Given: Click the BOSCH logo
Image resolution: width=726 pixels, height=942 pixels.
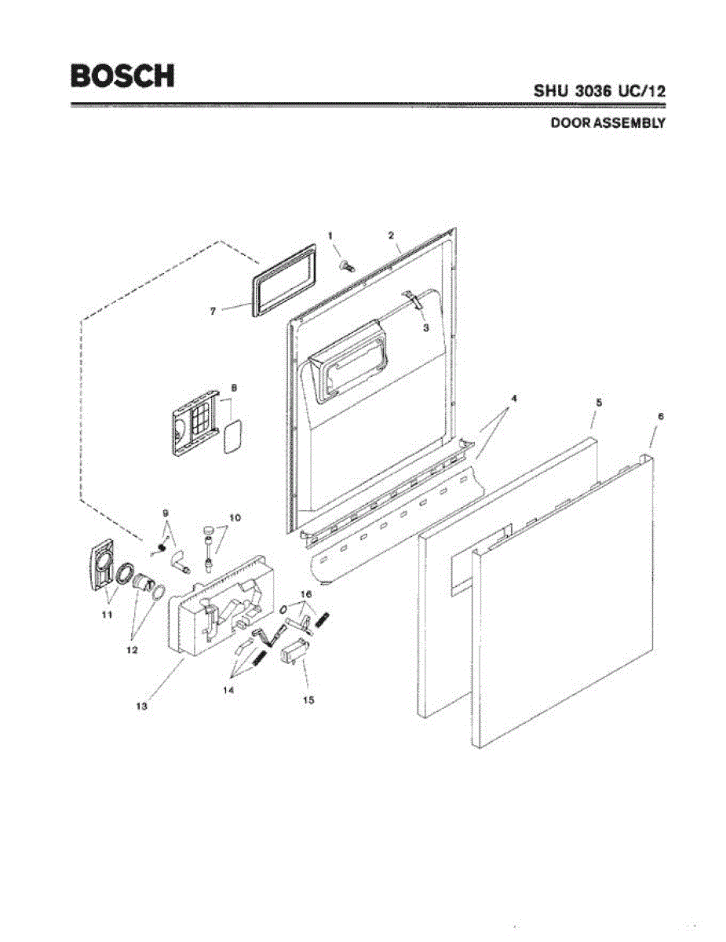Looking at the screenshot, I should [x=122, y=75].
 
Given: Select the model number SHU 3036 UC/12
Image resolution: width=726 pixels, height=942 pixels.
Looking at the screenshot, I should [x=600, y=90].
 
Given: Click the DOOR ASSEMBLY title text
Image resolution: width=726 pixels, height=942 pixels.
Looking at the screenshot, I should [x=607, y=123].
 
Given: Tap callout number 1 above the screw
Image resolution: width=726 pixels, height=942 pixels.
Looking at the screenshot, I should [x=330, y=235].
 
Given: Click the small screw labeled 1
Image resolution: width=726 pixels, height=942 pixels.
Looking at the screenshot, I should [x=345, y=267].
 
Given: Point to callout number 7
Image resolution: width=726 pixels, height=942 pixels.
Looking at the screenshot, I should [x=213, y=311].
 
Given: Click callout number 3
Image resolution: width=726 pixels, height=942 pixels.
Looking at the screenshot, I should [x=425, y=328].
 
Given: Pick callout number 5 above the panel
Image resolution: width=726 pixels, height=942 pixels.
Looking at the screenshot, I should [x=598, y=402].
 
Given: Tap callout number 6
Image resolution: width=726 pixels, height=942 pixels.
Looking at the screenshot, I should [x=660, y=417].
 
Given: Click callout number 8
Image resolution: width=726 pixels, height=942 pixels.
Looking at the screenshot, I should [x=234, y=388].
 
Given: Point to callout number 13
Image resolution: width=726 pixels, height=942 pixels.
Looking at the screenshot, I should [x=141, y=706].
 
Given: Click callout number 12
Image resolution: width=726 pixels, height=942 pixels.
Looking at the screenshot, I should [x=132, y=650].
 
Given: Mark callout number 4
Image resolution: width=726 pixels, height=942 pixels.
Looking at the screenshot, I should [x=513, y=398].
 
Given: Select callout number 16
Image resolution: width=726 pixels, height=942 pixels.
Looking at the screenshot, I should [x=306, y=594].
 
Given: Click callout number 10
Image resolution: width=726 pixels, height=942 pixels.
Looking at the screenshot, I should [x=235, y=517].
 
